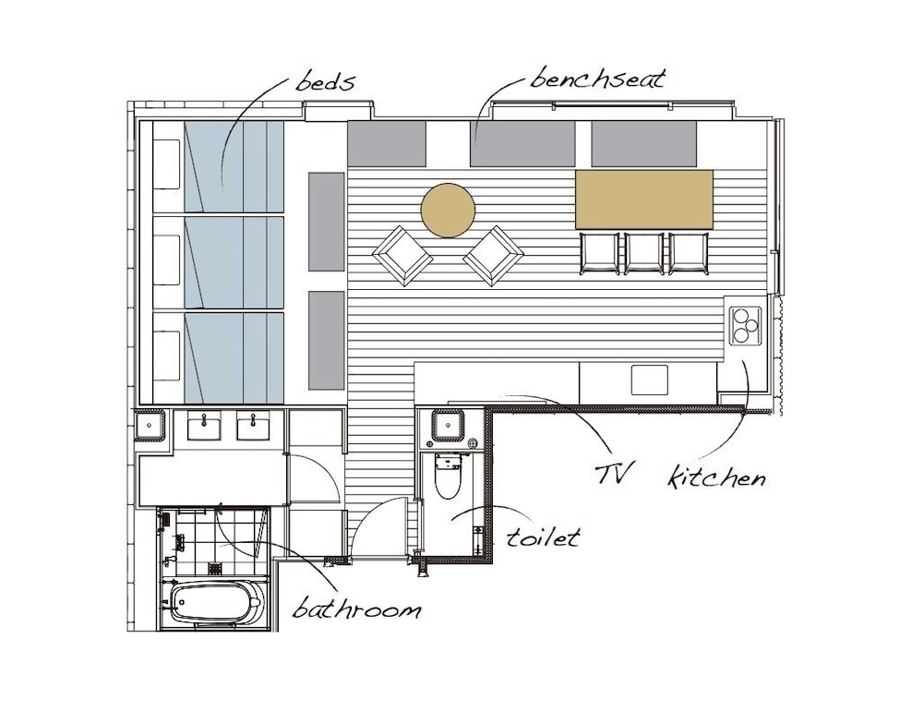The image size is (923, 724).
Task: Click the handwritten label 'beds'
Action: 325,82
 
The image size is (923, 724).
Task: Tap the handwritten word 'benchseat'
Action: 597,78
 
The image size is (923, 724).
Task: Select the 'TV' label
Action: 614,473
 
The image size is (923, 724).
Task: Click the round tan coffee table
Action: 448,211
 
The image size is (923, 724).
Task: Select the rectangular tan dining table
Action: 644,199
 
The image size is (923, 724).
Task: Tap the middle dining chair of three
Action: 644,253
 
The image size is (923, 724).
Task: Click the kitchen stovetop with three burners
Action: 745,326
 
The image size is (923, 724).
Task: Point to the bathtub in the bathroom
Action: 215,602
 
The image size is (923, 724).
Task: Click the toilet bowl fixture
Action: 448,477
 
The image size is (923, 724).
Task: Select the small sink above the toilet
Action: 448,425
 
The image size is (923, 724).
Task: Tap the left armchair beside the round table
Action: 402,256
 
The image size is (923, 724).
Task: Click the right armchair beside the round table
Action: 493,256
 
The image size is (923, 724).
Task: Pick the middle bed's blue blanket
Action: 234,262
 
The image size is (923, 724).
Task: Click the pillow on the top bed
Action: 166,164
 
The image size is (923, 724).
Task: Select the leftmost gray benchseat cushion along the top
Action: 387,143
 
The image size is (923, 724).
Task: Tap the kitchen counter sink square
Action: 650,380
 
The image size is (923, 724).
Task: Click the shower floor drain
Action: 216,568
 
